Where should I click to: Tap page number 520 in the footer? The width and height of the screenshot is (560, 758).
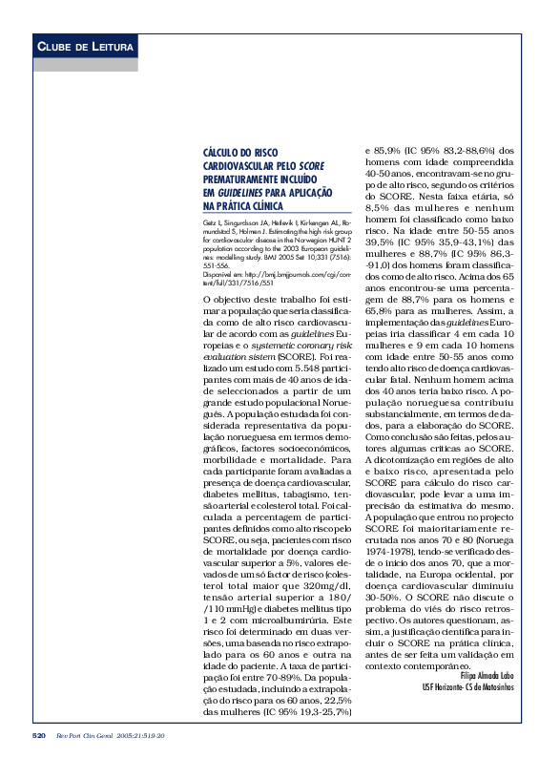[x=39, y=736]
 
